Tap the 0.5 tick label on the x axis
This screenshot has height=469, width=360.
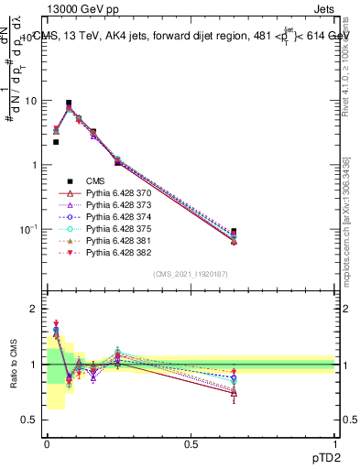tap(190, 443)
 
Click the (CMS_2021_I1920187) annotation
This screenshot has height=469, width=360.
tap(190, 274)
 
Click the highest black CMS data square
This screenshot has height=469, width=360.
tap(69, 104)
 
